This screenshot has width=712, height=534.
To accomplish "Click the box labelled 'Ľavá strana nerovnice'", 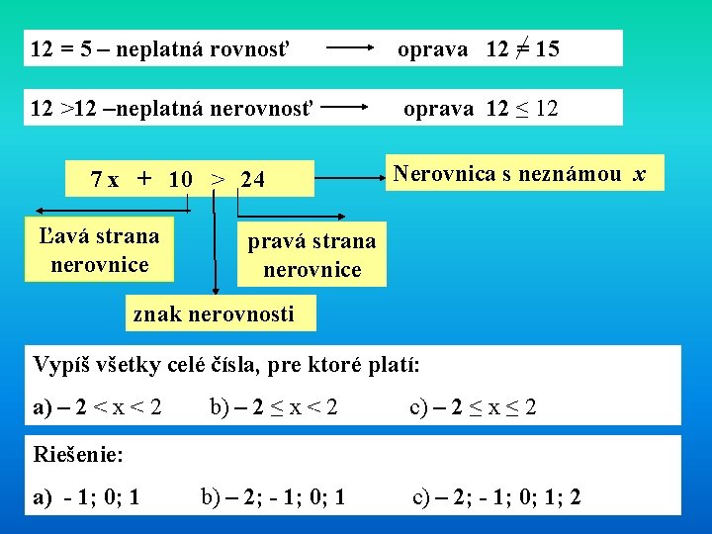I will tap(99, 250).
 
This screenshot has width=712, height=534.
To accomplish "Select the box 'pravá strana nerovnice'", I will tap(311, 255).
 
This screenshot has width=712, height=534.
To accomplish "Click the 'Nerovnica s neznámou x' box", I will tap(518, 174).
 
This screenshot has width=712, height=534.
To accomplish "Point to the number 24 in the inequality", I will tap(253, 180).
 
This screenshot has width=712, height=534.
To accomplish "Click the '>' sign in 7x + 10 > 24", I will tap(217, 180).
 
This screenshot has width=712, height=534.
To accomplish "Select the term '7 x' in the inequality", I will tap(104, 180).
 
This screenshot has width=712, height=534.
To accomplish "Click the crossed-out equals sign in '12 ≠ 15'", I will tap(519, 48).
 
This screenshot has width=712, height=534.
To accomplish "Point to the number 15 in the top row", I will tap(546, 48).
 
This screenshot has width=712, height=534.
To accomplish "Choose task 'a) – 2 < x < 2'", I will tap(97, 405).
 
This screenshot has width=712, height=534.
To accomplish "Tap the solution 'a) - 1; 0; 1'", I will tap(86, 496).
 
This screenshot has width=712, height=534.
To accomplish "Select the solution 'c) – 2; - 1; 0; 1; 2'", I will tap(496, 496).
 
